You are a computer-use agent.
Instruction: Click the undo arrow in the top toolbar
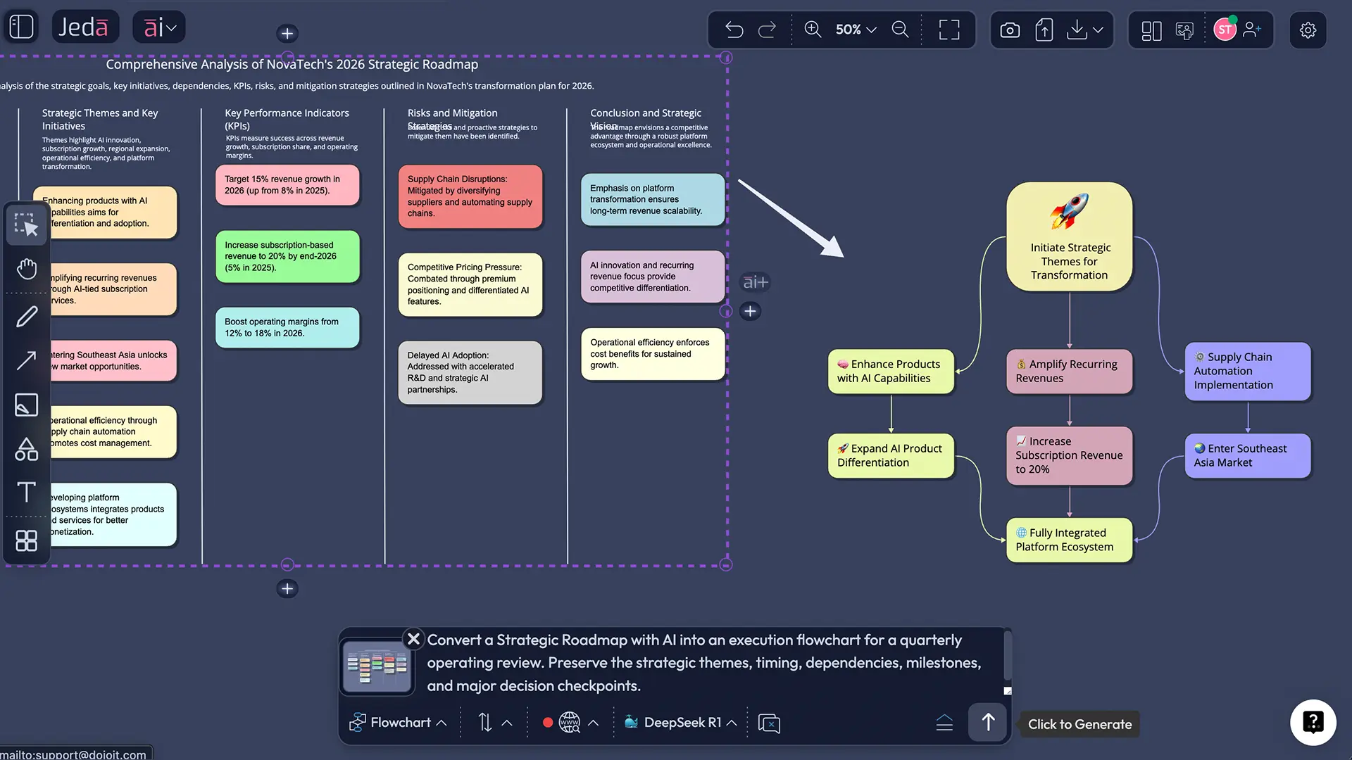tap(734, 30)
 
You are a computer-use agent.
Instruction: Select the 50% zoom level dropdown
tap(856, 30)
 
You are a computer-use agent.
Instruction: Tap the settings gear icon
tap(1308, 30)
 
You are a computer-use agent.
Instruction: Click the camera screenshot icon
tap(1010, 30)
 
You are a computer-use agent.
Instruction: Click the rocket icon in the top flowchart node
tap(1069, 211)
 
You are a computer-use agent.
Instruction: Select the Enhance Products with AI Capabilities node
tap(891, 372)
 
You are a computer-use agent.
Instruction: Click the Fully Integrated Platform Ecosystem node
tap(1069, 540)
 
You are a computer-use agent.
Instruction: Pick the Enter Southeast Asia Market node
tap(1247, 456)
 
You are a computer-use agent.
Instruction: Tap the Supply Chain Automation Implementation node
tap(1247, 372)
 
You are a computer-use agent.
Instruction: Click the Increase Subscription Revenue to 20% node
tap(1069, 456)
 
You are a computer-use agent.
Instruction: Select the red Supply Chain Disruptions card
tap(470, 196)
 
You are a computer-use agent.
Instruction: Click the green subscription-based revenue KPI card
tap(287, 257)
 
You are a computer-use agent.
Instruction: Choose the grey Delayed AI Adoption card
tap(470, 373)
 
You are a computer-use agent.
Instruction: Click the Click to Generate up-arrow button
tap(988, 722)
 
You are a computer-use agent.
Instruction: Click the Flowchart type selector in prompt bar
tap(399, 723)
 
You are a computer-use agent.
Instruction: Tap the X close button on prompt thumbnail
tap(414, 639)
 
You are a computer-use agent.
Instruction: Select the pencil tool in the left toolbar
tap(27, 317)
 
